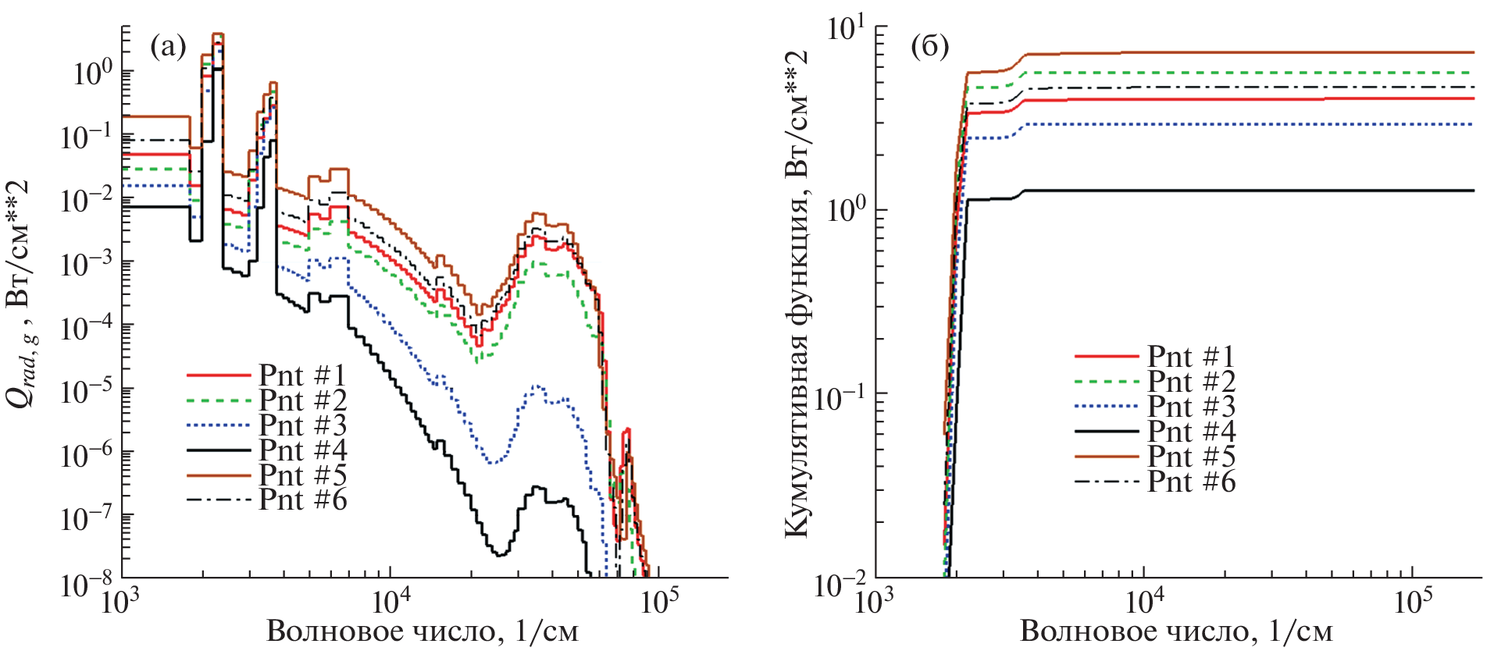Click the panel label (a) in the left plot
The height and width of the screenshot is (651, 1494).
(x=168, y=48)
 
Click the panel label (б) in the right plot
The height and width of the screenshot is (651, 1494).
(x=929, y=48)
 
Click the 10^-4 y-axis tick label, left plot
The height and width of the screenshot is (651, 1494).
(x=87, y=328)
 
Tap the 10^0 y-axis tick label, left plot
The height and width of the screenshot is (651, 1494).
(x=92, y=73)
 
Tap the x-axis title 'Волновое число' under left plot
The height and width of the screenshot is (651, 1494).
(x=423, y=631)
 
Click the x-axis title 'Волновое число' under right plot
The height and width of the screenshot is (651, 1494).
(x=1176, y=631)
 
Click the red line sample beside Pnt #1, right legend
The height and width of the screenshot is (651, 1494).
(x=1106, y=357)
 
